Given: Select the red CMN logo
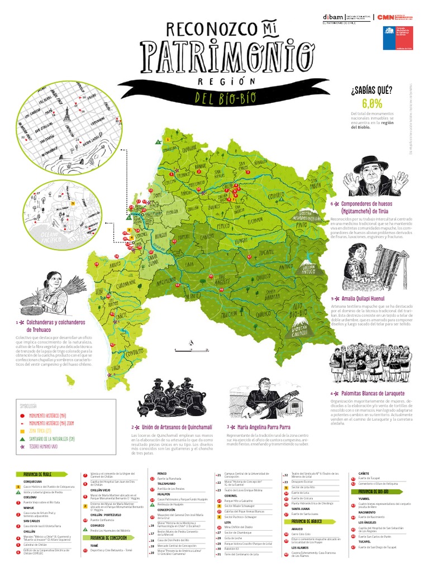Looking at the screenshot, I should tap(386, 17).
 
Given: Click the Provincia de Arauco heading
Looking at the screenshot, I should tap(302, 521).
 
